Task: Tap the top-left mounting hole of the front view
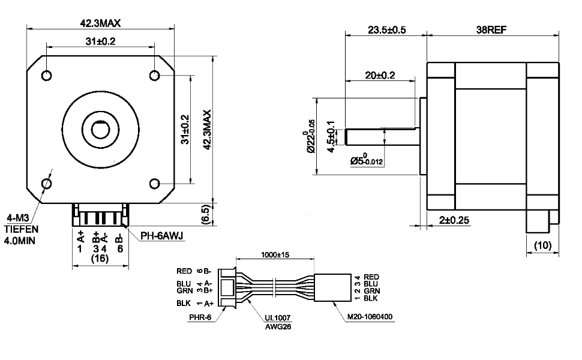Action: [47, 75]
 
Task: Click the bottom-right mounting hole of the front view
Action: [154, 183]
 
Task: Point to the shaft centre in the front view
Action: [100, 128]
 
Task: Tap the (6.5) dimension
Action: [205, 214]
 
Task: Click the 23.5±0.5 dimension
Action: [384, 30]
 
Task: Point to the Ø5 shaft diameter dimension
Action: [366, 161]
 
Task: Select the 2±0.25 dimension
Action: [454, 220]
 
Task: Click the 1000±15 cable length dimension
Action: [275, 254]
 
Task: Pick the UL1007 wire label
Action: [278, 319]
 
